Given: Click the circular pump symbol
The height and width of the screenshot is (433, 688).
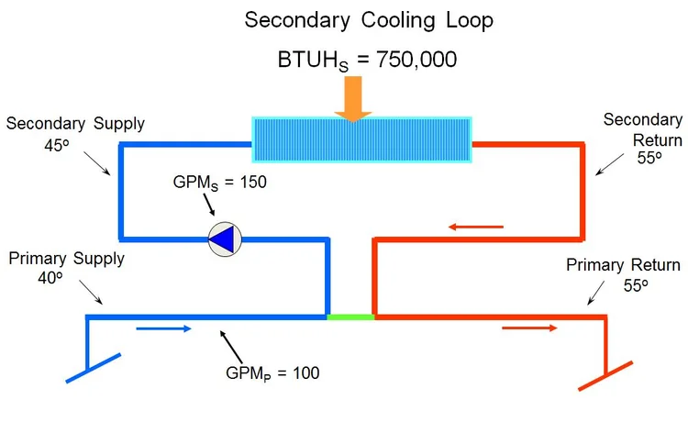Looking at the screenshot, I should pyautogui.click(x=223, y=239).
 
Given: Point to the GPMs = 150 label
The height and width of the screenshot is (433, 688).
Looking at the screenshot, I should pyautogui.click(x=220, y=182).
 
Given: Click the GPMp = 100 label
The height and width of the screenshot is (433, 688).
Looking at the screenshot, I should pyautogui.click(x=272, y=372).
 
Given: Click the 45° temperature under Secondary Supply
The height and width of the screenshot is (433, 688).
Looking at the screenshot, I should pyautogui.click(x=56, y=145).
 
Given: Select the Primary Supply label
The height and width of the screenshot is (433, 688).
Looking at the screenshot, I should pyautogui.click(x=66, y=258).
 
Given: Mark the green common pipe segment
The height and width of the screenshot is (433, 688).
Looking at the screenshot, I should pyautogui.click(x=350, y=316).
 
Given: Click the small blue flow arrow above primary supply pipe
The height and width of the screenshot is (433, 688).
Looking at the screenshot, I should pyautogui.click(x=165, y=328).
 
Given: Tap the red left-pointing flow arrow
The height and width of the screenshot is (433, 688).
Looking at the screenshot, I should pyautogui.click(x=476, y=226).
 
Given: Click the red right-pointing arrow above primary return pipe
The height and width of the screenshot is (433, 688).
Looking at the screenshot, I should pyautogui.click(x=530, y=328).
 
